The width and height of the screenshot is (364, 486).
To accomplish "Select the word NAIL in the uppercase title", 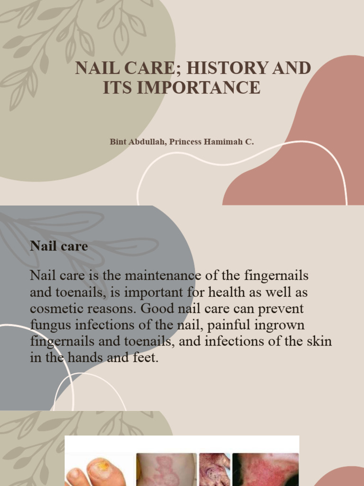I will click(x=95, y=68).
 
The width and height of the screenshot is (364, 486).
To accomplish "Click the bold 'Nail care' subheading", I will click(x=59, y=246).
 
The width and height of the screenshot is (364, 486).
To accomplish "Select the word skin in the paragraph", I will click(x=319, y=341).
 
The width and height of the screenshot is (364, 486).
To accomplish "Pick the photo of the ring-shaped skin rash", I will click(x=166, y=470).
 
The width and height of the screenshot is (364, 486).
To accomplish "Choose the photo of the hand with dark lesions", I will click(x=214, y=470).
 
